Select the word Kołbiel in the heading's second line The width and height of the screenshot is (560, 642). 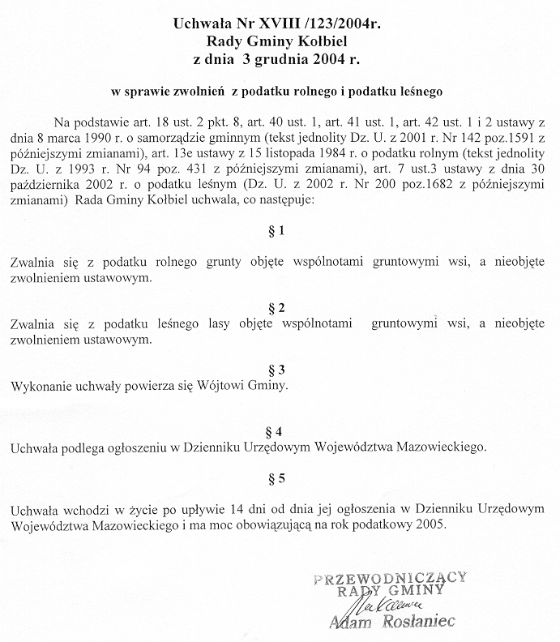[x=327, y=42]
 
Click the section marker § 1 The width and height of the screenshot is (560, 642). [x=276, y=230]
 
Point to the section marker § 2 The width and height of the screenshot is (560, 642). [x=276, y=306]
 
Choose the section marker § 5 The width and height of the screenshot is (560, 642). [x=276, y=478]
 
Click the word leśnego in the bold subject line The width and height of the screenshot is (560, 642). [x=418, y=92]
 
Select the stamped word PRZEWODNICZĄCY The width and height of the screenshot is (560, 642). [x=389, y=577]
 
